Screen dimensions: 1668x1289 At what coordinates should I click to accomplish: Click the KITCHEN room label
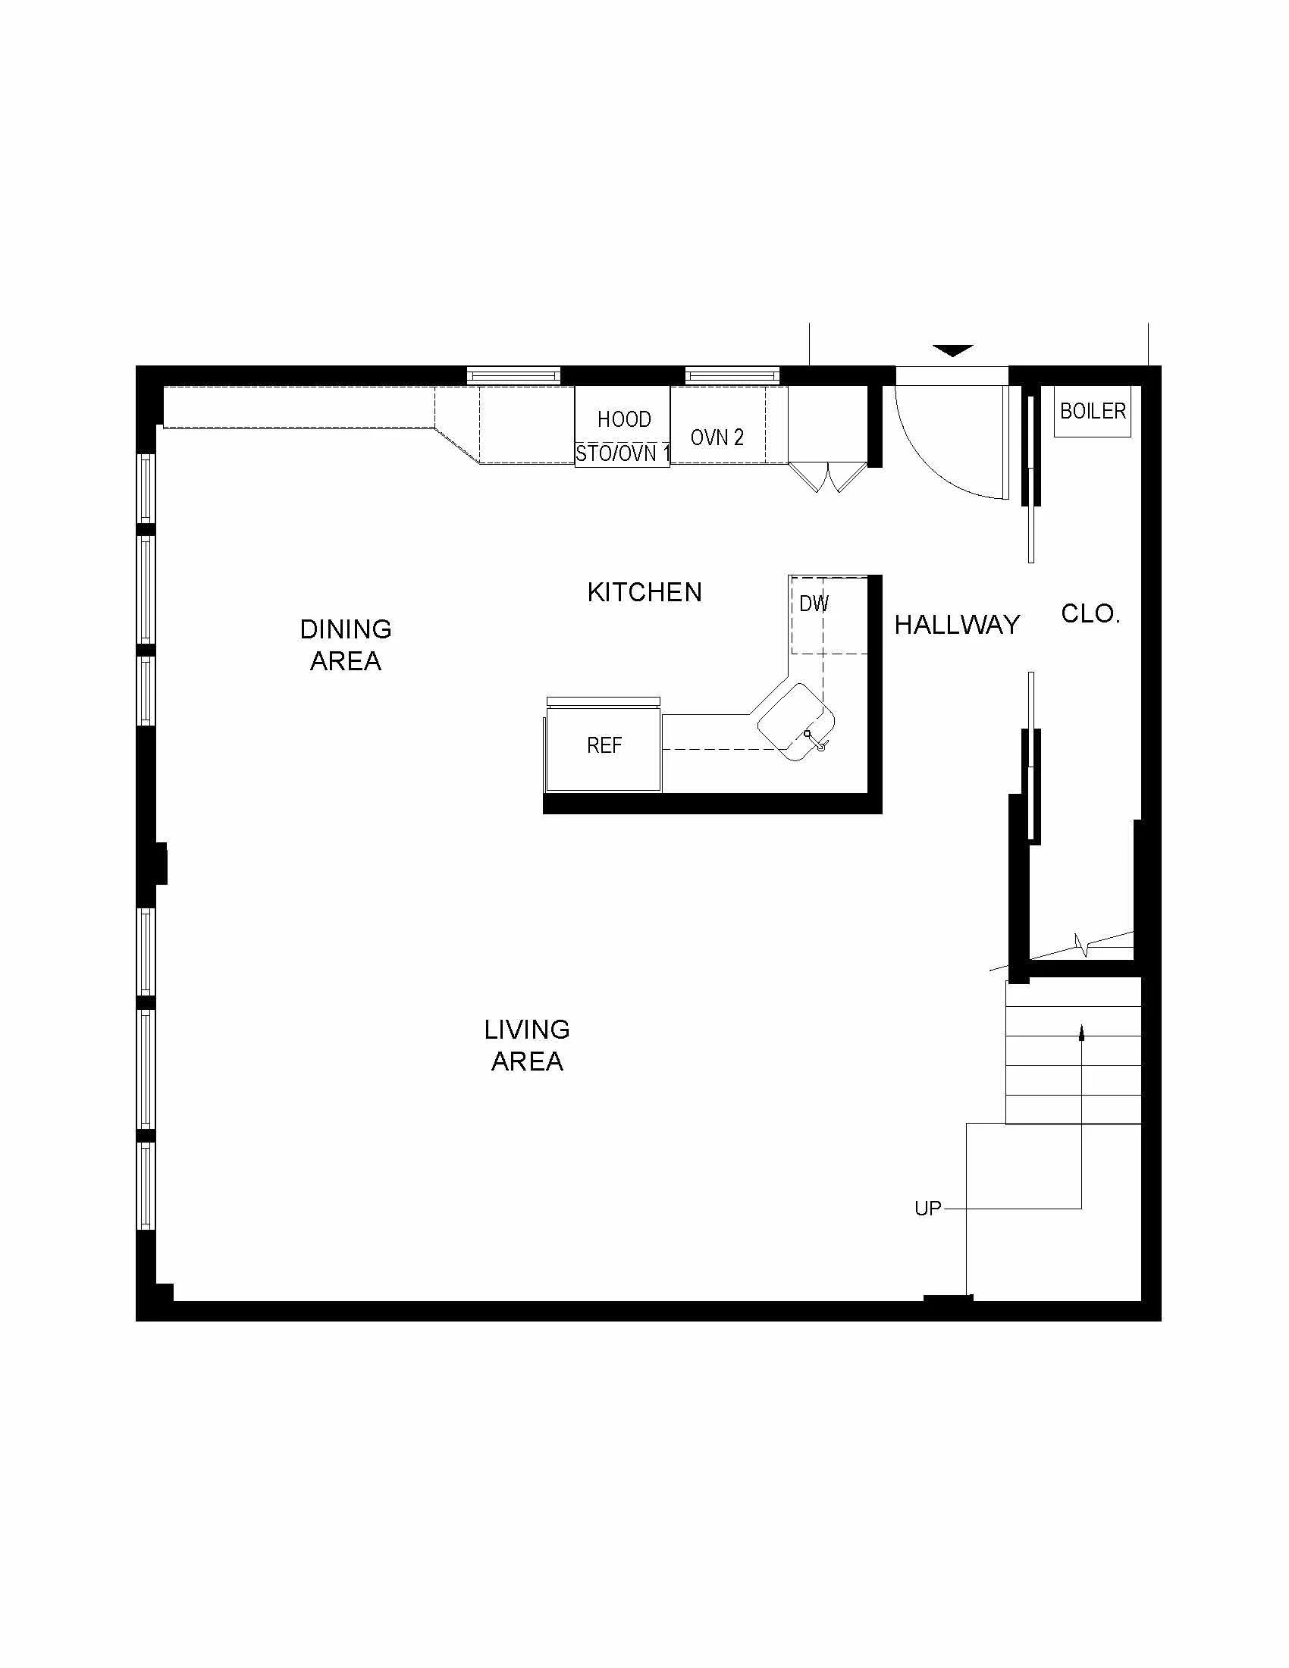pos(644,593)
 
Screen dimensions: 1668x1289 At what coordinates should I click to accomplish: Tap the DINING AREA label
pos(346,645)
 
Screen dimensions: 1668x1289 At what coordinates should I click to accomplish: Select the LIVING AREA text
pos(527,1046)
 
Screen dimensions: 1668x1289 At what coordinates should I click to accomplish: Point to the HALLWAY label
pos(957,625)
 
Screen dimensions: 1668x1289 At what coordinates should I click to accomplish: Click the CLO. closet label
pos(1090,613)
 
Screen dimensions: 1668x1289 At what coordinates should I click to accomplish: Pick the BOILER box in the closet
pos(1093,412)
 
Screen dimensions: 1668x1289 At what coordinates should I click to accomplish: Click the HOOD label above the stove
pos(624,419)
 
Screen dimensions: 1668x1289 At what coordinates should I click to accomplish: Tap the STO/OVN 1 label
pos(623,454)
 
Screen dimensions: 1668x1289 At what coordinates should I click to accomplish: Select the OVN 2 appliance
pos(717,437)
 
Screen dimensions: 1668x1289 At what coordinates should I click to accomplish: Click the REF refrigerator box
pos(604,746)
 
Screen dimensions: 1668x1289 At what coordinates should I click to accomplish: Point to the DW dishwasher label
pos(814,604)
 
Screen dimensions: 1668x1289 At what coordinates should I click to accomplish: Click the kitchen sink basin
pos(795,721)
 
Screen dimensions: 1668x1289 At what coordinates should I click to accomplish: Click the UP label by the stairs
pos(928,1209)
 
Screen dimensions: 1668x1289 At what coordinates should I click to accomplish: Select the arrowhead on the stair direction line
pos(1081,1033)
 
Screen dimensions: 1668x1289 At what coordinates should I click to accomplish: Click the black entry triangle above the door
pos(953,350)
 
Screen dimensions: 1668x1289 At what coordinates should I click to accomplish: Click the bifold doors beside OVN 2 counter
pos(827,477)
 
